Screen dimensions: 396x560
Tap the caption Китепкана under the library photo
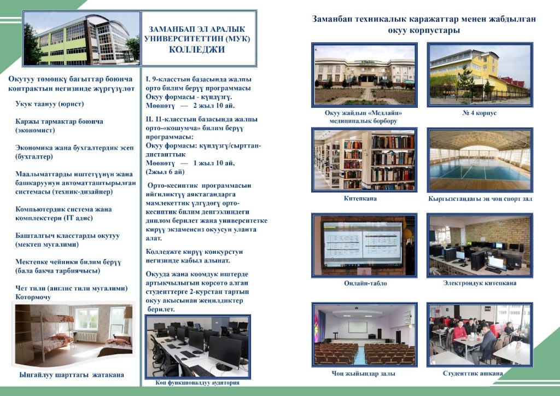[360, 199]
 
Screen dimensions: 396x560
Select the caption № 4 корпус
[479, 113]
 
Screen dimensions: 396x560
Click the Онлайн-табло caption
[365, 283]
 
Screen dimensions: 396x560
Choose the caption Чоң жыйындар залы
[363, 374]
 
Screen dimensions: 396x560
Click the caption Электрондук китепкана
[480, 283]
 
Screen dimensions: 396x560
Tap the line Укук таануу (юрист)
[49, 103]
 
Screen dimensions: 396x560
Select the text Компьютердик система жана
[63, 209]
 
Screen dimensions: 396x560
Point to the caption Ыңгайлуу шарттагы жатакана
[72, 375]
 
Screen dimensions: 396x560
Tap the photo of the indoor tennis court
[480, 160]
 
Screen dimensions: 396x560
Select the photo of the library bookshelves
[364, 159]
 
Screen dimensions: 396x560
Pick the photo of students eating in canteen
[480, 335]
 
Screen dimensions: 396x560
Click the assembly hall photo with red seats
[364, 335]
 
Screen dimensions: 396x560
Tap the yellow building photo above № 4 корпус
[480, 74]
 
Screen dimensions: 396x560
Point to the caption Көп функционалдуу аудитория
[197, 383]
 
